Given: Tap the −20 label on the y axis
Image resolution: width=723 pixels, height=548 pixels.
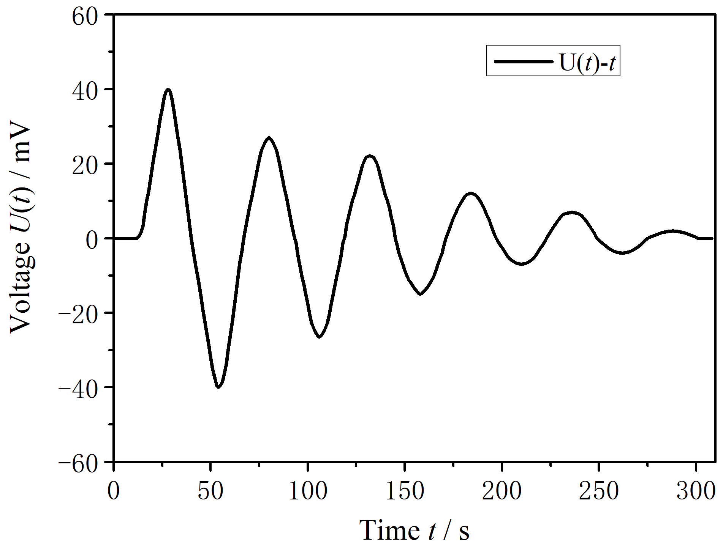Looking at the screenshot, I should coord(79,314).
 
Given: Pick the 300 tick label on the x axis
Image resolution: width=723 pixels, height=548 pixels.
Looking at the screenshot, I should coord(696,491).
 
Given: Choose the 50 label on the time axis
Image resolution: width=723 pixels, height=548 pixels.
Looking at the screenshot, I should coord(210,491).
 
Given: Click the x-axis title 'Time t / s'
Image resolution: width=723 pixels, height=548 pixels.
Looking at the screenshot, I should coord(414,530).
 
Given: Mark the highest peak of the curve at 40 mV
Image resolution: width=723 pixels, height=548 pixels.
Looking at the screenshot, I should coord(168,90).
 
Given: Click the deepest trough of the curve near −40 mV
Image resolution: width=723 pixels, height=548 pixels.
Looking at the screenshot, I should coord(218,387).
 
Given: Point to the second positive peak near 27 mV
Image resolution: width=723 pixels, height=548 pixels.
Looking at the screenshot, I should coord(269,138).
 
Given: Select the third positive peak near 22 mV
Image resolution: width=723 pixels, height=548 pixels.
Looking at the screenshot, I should coord(369,156).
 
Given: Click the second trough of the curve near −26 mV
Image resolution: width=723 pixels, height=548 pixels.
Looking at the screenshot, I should coord(319,337).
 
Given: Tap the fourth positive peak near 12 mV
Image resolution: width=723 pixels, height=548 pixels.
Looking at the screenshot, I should coord(470,194).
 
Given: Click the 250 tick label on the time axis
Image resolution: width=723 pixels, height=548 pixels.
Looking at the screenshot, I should coord(599,491).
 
